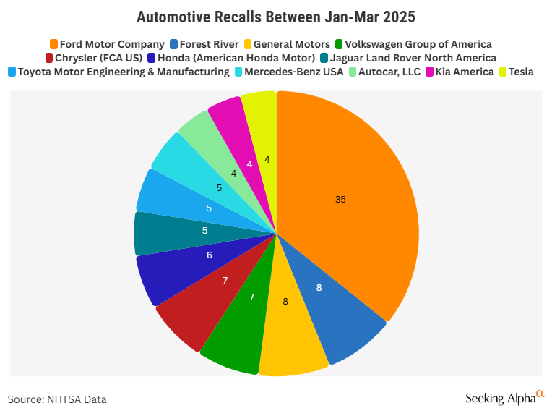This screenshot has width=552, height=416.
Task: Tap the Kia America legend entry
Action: point(454,72)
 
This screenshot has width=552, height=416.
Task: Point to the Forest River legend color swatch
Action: point(175,44)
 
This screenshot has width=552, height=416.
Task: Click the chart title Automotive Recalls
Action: point(276,16)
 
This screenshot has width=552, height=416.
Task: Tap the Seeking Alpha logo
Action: point(504,396)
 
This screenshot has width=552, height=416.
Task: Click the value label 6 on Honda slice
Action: point(209,255)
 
